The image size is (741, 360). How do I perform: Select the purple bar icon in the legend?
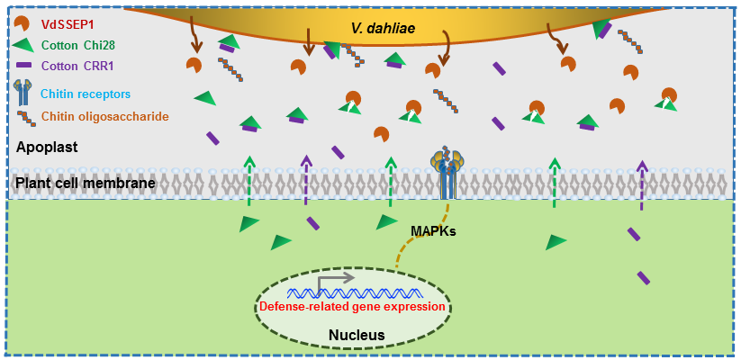(23, 66)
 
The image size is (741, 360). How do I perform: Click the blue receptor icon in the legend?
(23, 91)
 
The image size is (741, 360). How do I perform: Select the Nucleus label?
(357, 336)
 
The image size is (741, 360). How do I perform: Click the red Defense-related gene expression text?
(352, 307)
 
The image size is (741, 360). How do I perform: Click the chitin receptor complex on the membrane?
(447, 171)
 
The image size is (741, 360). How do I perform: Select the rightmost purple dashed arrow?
(641, 185)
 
